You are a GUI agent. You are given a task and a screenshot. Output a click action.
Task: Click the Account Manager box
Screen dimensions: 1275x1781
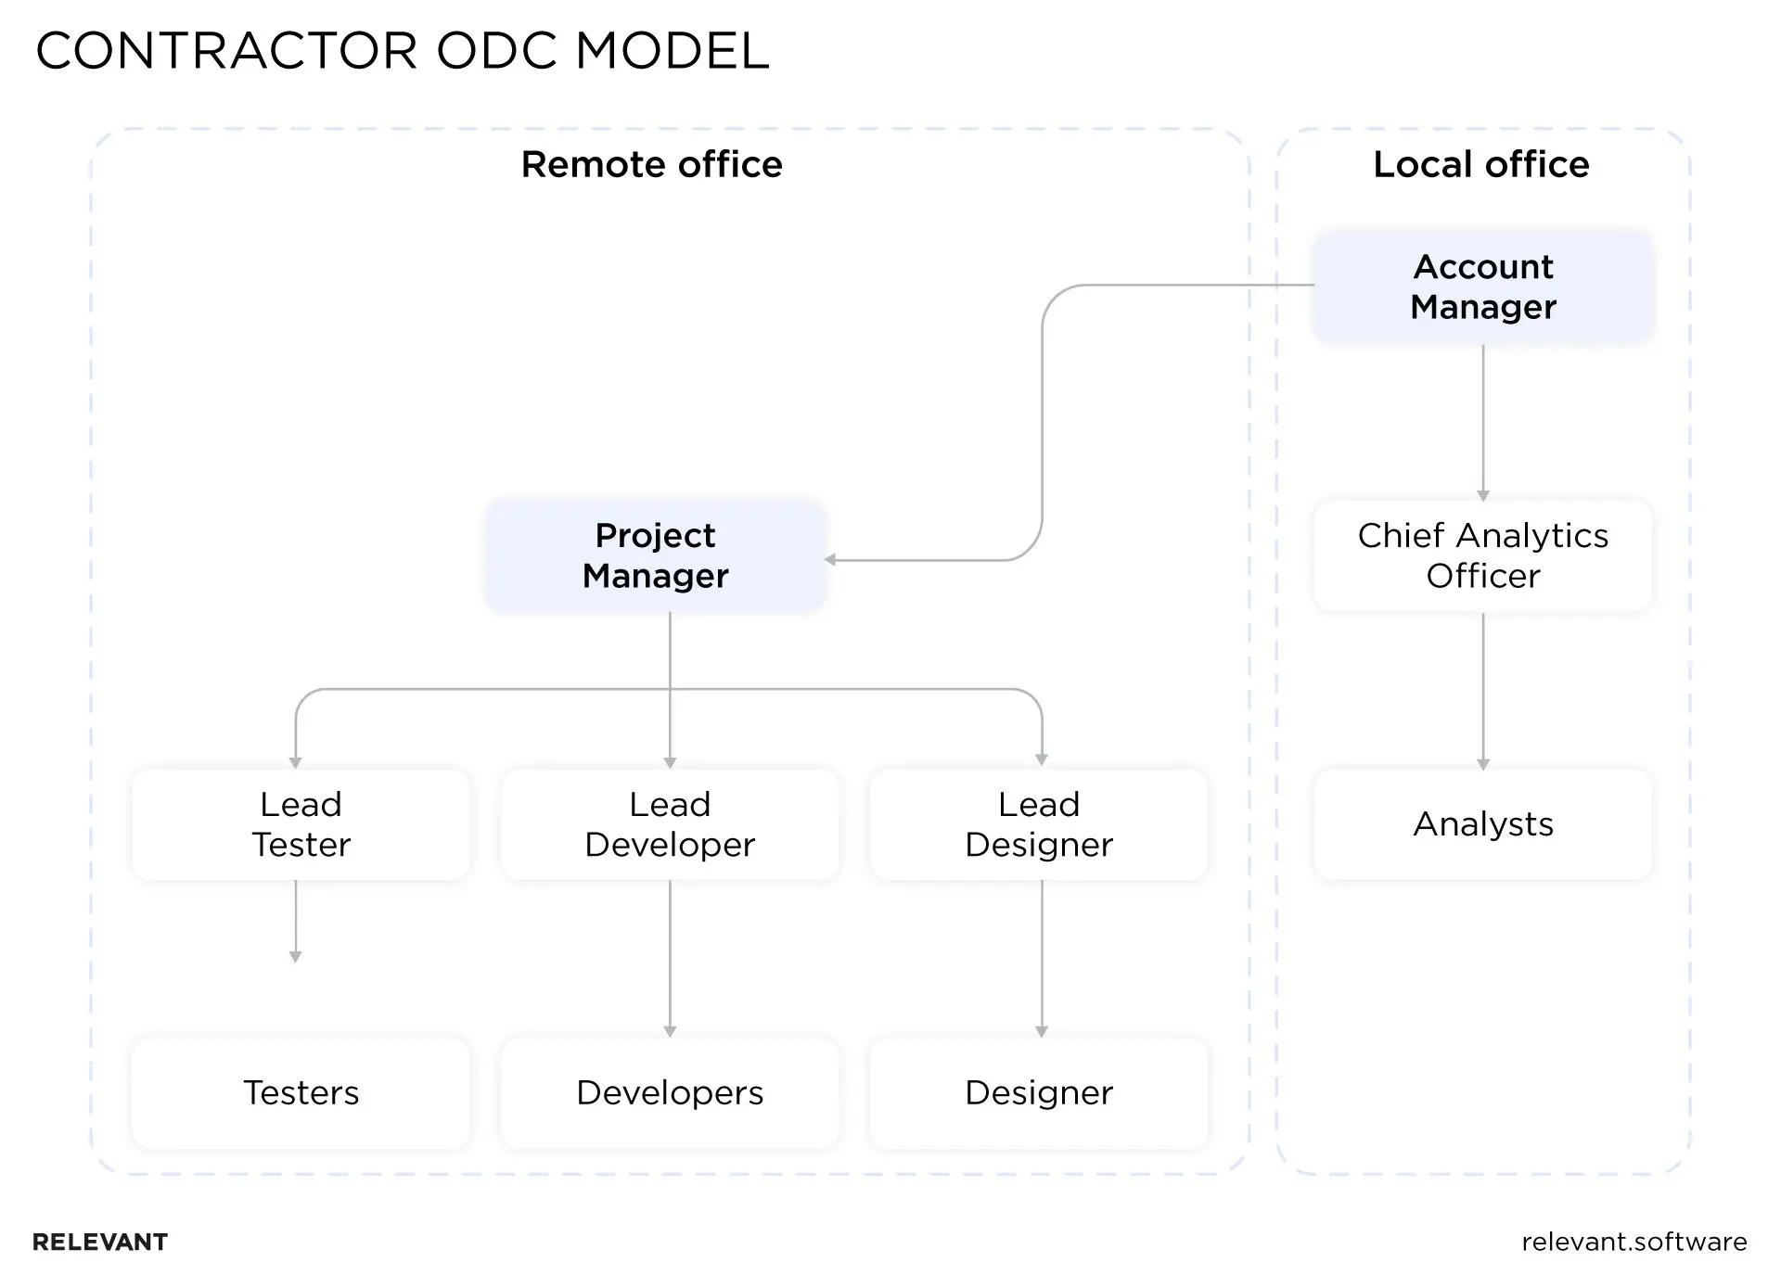(1482, 287)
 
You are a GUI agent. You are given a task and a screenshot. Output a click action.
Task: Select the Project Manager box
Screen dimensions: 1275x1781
(655, 555)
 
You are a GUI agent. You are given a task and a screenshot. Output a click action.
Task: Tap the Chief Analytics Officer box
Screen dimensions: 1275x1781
(1482, 555)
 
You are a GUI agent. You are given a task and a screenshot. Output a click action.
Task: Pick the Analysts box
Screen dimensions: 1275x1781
(1482, 824)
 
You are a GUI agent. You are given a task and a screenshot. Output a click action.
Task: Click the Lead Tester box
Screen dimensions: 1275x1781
(301, 824)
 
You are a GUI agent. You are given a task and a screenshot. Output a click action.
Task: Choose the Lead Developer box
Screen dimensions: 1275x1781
(669, 824)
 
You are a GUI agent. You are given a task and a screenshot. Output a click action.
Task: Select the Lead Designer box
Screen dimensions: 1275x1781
(1038, 824)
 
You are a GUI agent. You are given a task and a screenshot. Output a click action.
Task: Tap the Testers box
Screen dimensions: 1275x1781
(301, 1093)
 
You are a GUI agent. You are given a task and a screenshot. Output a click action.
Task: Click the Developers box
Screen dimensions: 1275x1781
(669, 1093)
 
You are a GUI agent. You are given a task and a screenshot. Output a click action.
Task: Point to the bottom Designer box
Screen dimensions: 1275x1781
(1038, 1093)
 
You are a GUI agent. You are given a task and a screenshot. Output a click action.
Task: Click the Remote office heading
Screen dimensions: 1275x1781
(651, 164)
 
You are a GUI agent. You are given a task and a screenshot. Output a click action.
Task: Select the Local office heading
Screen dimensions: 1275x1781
(1480, 164)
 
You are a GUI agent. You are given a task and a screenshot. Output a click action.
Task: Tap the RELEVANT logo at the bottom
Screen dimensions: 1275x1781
(100, 1243)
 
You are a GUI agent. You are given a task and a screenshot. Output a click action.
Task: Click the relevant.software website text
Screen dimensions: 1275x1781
(1634, 1242)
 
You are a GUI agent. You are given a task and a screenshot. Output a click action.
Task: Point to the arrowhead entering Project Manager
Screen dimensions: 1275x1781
(830, 559)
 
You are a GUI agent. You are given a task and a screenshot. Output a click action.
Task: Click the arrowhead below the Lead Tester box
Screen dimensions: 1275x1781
(295, 956)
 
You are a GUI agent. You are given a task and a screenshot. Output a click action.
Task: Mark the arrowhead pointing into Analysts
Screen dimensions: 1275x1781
(1482, 764)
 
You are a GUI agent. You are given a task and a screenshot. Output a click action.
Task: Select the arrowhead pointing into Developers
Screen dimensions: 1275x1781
(670, 1031)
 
